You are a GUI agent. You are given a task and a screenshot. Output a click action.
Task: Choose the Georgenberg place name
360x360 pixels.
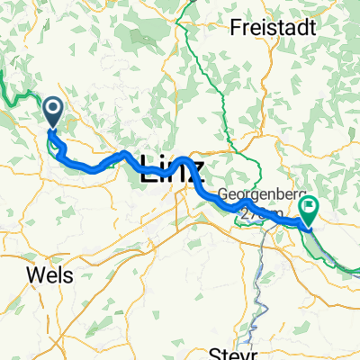click(258, 193)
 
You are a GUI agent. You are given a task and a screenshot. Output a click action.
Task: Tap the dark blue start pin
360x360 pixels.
click(52, 112)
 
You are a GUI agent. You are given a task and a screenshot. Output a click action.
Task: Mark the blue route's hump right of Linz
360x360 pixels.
click(184, 162)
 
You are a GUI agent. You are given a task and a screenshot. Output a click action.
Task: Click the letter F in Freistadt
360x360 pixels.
click(236, 28)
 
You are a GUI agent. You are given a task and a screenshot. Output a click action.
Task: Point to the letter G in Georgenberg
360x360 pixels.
click(224, 193)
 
